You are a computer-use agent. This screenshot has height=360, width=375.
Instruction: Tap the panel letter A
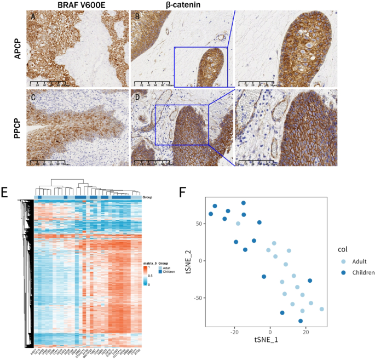[33, 16]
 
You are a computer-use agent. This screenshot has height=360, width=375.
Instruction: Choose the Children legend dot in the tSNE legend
[343, 272]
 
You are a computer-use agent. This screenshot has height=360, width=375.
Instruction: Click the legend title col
[343, 249]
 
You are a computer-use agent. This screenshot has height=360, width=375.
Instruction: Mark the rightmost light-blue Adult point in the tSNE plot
[322, 309]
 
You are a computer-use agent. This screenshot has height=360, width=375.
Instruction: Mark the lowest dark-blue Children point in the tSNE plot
[301, 321]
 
